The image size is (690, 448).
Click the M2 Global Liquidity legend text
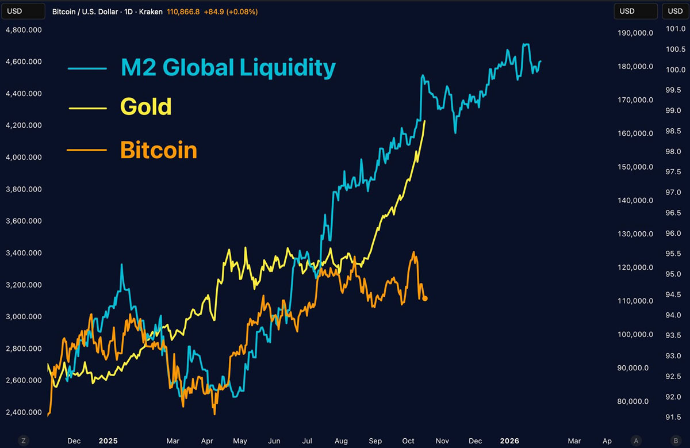pyautogui.click(x=228, y=68)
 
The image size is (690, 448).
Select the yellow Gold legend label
pyautogui.click(x=146, y=107)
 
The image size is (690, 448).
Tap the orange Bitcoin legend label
pyautogui.click(x=159, y=150)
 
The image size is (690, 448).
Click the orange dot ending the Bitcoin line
pyautogui.click(x=425, y=298)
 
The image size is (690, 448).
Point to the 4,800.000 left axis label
pyautogui.click(x=23, y=30)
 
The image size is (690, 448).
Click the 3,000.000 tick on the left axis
pyautogui.click(x=23, y=316)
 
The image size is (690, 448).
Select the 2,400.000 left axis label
pyautogui.click(x=23, y=412)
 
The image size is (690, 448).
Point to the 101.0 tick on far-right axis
pyautogui.click(x=673, y=29)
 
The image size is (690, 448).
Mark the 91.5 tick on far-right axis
pyautogui.click(x=673, y=418)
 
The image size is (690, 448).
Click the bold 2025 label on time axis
pyautogui.click(x=108, y=441)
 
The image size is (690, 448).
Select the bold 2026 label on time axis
pyautogui.click(x=509, y=441)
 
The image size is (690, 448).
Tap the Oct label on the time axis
pyautogui.click(x=408, y=441)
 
